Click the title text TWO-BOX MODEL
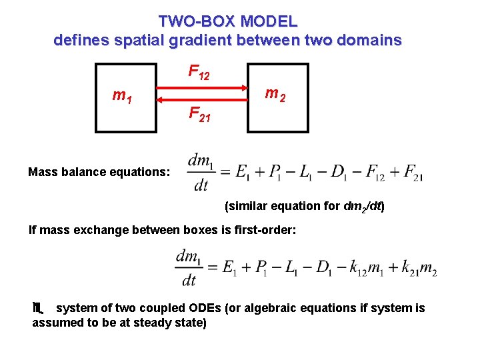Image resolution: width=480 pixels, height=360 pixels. [x=228, y=21]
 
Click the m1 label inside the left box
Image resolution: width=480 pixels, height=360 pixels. [x=122, y=97]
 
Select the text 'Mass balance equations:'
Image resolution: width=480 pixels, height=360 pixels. [x=99, y=172]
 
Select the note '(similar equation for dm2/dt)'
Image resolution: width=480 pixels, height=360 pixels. [x=305, y=206]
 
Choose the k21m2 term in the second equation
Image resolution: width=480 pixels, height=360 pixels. [x=418, y=267]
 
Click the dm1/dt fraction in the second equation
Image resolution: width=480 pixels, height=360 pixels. [x=190, y=267]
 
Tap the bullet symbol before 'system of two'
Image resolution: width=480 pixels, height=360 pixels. [x=38, y=308]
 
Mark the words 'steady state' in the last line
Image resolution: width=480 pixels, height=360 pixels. [x=172, y=323]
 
